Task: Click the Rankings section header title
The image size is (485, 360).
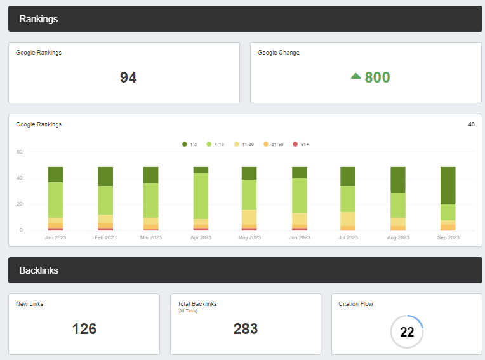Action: coord(39,19)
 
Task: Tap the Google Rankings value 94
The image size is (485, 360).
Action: coord(128,77)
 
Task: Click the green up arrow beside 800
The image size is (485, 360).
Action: coord(355,76)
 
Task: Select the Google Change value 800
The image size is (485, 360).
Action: coord(377,77)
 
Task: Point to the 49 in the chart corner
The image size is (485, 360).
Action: coord(472,124)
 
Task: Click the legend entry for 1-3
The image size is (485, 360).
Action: coord(189,145)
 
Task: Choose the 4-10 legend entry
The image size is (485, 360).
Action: coord(215,145)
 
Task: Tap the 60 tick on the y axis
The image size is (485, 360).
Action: coord(20,152)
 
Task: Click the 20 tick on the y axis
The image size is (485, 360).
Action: coord(20,204)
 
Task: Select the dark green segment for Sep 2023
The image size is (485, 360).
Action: coord(448,185)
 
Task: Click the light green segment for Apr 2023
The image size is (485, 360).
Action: coord(201,196)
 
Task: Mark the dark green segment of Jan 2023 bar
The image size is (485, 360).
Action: coord(55,175)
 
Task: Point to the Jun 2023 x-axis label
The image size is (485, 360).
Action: coord(300,238)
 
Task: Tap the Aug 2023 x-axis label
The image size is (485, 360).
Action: coord(398,238)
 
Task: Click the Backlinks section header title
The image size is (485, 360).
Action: coord(39,270)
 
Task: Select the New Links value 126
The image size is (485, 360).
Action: coord(84,329)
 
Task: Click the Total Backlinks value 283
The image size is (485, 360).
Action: coord(245,329)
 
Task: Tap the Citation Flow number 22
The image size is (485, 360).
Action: coord(407,332)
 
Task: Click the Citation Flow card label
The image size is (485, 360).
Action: coord(356,304)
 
